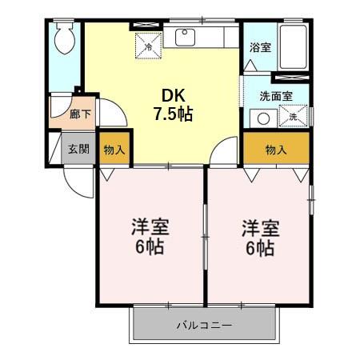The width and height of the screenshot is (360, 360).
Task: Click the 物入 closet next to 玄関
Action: [114, 149]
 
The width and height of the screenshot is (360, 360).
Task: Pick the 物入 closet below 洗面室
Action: [276, 149]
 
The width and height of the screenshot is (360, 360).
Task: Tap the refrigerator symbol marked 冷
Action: [149, 44]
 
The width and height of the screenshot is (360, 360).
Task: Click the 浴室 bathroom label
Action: [260, 47]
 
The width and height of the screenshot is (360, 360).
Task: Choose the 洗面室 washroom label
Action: [275, 96]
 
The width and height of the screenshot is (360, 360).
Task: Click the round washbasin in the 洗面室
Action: [262, 118]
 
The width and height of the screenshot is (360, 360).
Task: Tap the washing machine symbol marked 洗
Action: [294, 118]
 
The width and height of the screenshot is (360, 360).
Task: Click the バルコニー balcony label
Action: [204, 326]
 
